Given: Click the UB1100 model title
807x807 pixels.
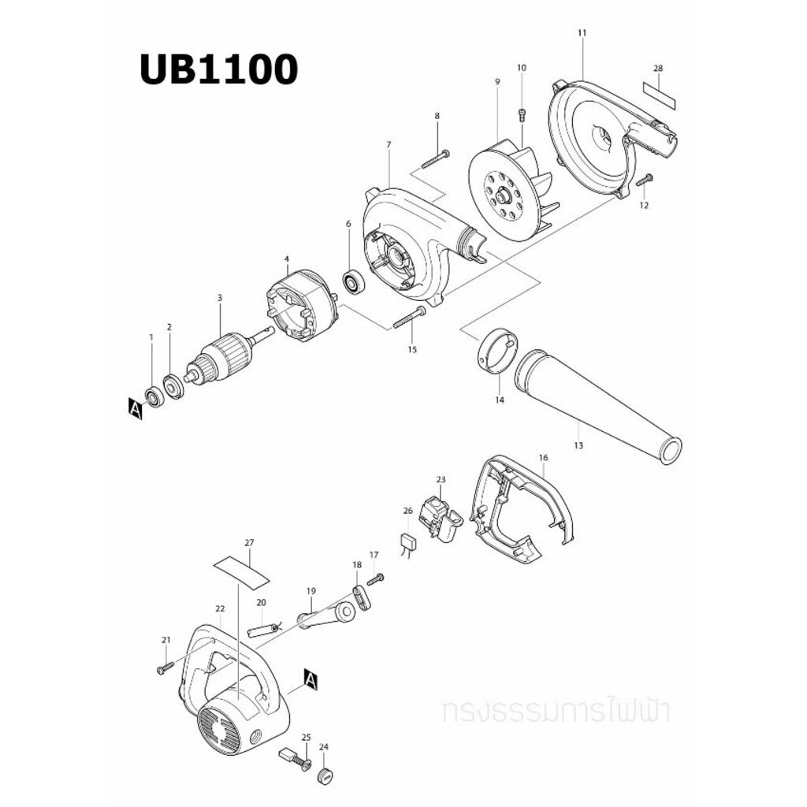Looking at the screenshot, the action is coord(219,69).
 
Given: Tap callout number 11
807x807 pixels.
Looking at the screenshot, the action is coord(582,32).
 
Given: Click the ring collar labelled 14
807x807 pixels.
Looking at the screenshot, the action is coord(497,349).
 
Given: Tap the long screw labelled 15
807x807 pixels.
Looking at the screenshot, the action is coord(409,318).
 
